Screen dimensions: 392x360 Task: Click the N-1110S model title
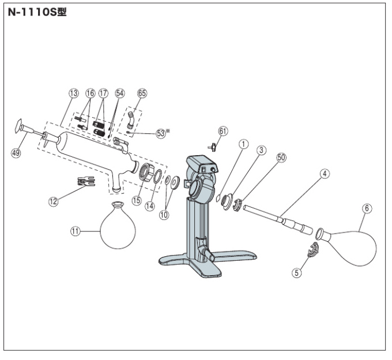tap(37, 12)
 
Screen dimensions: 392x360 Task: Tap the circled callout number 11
tap(76, 231)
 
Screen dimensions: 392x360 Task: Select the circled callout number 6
tap(367, 208)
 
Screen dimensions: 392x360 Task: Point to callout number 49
tap(16, 153)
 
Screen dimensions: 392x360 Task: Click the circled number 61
tap(223, 131)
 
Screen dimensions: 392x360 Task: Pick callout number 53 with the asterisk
tap(163, 133)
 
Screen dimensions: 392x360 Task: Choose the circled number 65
tap(142, 93)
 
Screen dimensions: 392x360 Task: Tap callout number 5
tap(297, 272)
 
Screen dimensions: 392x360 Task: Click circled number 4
tap(325, 174)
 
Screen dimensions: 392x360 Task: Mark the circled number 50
tap(281, 157)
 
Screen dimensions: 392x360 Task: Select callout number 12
tap(53, 201)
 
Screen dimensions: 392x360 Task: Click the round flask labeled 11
tap(118, 225)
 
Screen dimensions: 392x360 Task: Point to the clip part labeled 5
tap(314, 250)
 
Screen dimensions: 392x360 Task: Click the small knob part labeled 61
tap(213, 147)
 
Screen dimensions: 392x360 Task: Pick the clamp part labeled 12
tap(86, 181)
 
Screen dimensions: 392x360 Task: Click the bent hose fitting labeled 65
tap(130, 119)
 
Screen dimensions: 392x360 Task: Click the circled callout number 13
tap(74, 93)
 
